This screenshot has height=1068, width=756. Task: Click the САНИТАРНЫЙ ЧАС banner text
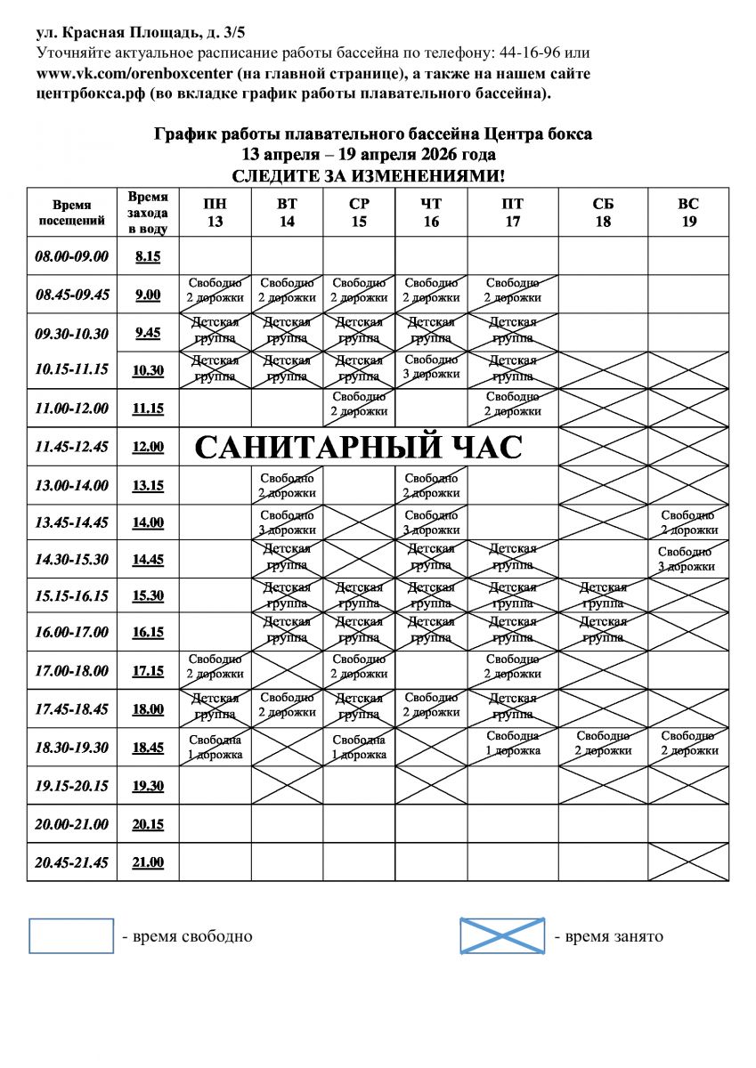pyautogui.click(x=358, y=447)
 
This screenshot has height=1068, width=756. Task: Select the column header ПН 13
pyautogui.click(x=215, y=213)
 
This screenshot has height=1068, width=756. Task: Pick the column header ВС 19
pyautogui.click(x=688, y=213)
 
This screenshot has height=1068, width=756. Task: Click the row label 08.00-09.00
pyautogui.click(x=71, y=256)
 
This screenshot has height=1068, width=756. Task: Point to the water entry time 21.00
pyautogui.click(x=148, y=862)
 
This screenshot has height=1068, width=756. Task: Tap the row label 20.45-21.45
pyautogui.click(x=71, y=862)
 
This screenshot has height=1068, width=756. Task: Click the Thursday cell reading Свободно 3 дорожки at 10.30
pyautogui.click(x=431, y=368)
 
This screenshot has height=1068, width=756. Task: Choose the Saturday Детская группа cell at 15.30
pyautogui.click(x=603, y=595)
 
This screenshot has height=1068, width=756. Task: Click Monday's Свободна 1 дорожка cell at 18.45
pyautogui.click(x=215, y=748)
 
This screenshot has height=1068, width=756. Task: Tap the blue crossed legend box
pyautogui.click(x=502, y=936)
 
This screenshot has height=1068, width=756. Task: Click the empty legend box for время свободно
pyautogui.click(x=71, y=936)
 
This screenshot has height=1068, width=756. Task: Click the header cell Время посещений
pyautogui.click(x=71, y=213)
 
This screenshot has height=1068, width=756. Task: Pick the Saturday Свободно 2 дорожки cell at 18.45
pyautogui.click(x=603, y=743)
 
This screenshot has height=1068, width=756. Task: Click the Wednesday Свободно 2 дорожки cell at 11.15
pyautogui.click(x=359, y=404)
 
